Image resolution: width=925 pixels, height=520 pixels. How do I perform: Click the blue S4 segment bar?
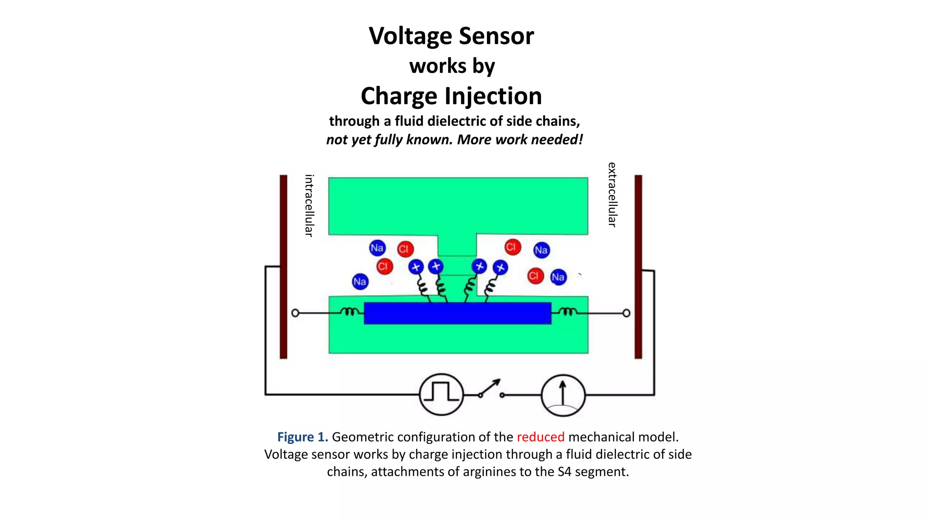pyautogui.click(x=457, y=313)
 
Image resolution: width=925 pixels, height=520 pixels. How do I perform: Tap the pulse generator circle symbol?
pyautogui.click(x=441, y=395)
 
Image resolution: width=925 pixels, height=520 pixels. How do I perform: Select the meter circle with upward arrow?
pyautogui.click(x=563, y=395)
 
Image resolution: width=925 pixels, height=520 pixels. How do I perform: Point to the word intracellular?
pyautogui.click(x=309, y=205)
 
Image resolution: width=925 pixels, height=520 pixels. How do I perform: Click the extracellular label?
pyautogui.click(x=612, y=195)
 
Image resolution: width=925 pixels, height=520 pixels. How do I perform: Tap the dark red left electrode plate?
pyautogui.click(x=284, y=266)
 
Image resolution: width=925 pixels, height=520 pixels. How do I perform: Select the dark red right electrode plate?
pyautogui.click(x=638, y=266)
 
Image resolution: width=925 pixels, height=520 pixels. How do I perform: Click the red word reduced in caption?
pyautogui.click(x=541, y=437)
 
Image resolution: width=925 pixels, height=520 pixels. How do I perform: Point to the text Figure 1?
pyautogui.click(x=303, y=437)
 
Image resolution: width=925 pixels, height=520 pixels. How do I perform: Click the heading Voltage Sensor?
pyautogui.click(x=451, y=36)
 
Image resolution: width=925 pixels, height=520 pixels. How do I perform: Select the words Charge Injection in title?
pyautogui.click(x=451, y=96)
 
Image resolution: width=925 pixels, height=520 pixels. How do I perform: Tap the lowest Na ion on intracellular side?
pyautogui.click(x=360, y=282)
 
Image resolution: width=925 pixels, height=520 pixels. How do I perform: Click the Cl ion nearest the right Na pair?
pyautogui.click(x=535, y=276)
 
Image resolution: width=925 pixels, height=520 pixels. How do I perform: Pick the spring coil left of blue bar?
pyautogui.click(x=350, y=311)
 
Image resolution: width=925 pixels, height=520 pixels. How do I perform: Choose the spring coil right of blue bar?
pyautogui.click(x=567, y=311)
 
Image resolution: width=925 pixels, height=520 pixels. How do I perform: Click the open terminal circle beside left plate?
pyautogui.click(x=295, y=313)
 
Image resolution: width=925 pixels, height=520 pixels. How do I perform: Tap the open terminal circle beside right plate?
pyautogui.click(x=626, y=313)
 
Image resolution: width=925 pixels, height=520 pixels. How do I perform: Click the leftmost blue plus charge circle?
pyautogui.click(x=416, y=267)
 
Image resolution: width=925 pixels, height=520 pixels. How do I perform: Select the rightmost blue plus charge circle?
pyautogui.click(x=500, y=268)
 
